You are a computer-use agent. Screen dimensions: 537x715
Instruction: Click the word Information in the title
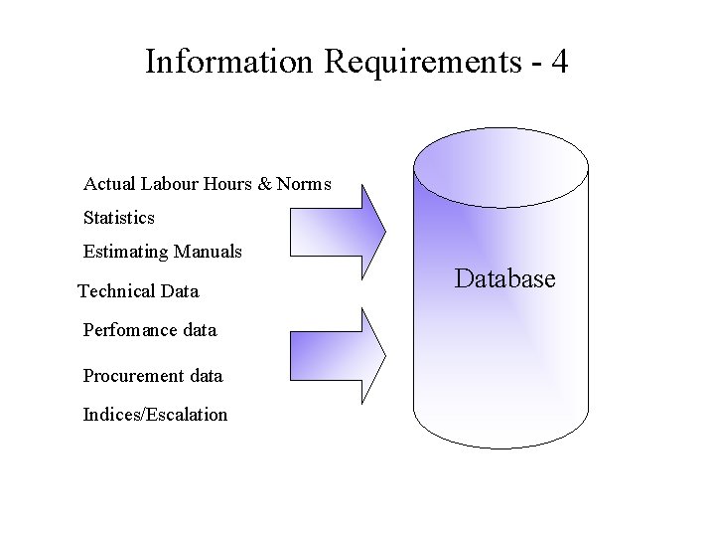click(228, 62)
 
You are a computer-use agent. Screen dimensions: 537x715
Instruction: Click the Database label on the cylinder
click(504, 278)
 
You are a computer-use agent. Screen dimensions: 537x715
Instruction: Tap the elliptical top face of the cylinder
click(501, 167)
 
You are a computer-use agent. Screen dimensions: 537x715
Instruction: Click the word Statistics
click(119, 217)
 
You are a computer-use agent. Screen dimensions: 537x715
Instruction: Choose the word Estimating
click(126, 252)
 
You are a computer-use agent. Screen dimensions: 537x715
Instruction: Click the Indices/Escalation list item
click(155, 415)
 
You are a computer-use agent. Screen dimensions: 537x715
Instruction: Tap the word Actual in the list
click(109, 184)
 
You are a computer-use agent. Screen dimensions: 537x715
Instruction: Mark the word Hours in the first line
click(226, 184)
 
